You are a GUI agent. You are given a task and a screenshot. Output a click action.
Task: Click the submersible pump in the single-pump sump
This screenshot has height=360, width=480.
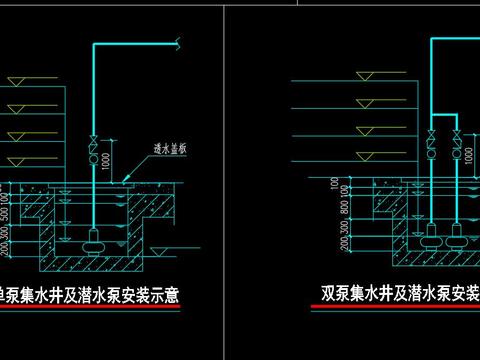[93, 238]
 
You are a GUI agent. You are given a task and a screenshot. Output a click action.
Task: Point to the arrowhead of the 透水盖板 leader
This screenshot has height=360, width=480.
[124, 176]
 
